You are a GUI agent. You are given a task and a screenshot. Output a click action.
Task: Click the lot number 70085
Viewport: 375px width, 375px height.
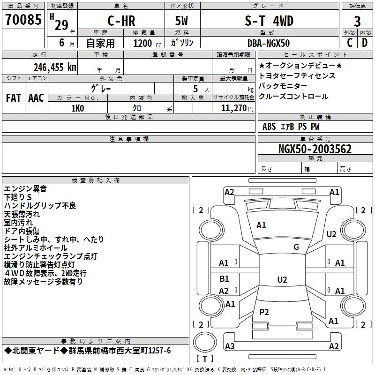(23, 20)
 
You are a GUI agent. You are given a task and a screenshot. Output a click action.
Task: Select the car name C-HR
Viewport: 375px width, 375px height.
(121, 21)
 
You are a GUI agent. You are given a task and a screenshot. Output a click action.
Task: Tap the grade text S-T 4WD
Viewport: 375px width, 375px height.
(269, 21)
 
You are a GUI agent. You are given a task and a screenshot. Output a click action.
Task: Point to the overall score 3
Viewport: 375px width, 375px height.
(357, 22)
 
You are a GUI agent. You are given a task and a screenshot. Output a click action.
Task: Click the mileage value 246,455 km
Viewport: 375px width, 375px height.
(55, 67)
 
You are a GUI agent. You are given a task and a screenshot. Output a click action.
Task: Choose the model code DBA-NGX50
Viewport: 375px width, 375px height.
(269, 43)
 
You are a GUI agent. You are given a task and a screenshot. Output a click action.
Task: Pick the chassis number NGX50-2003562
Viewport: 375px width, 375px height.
(315, 149)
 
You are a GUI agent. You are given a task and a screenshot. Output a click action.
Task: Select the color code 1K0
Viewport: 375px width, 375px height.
(78, 108)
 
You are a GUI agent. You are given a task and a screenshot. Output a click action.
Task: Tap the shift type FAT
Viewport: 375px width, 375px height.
(14, 98)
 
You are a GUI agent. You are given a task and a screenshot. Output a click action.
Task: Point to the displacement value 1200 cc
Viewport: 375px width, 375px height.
(147, 43)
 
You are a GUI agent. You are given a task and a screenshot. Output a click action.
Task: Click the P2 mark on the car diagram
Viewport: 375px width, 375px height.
(264, 312)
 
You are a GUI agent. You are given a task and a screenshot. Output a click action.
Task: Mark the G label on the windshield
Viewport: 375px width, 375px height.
(296, 247)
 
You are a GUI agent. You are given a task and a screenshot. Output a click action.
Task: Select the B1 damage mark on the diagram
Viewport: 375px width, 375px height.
(224, 278)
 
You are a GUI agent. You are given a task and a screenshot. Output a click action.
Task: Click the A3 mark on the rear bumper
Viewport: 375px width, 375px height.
(230, 346)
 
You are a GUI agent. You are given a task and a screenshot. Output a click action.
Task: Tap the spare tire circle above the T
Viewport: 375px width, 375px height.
(205, 342)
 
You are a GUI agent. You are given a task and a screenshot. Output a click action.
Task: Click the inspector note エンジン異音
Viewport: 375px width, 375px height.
(25, 189)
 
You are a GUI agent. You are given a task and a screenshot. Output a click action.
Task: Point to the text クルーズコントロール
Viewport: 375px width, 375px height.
(293, 97)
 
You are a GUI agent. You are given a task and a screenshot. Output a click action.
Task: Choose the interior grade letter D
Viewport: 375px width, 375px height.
(365, 43)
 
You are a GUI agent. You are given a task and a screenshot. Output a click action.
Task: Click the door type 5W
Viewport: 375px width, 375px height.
(181, 21)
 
